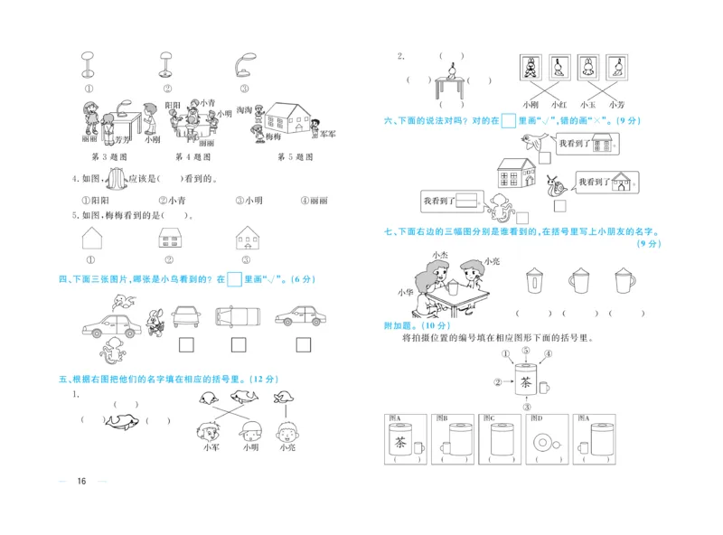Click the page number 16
(81, 480)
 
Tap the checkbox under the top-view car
(239, 344)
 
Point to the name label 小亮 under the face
(287, 446)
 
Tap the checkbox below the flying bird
(545, 156)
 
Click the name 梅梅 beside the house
(274, 136)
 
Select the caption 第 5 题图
(296, 156)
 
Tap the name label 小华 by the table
(404, 292)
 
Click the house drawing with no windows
(92, 239)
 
